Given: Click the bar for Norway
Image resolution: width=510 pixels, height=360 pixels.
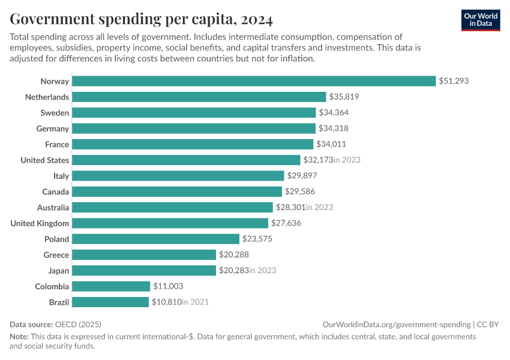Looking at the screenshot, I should (x=254, y=81).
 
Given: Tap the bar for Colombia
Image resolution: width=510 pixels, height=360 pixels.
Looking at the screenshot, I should (x=112, y=286).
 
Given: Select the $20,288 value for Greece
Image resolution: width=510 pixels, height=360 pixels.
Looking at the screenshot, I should (x=234, y=255).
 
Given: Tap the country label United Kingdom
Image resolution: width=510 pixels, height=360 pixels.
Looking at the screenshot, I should (x=40, y=223).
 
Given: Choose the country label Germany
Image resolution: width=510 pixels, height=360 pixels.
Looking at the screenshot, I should (x=53, y=128).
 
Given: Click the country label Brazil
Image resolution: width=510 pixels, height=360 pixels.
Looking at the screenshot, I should (x=59, y=302).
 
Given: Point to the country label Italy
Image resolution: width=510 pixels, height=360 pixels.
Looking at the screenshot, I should (x=61, y=176).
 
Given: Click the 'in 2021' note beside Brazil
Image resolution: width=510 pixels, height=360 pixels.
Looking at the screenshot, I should (x=195, y=302).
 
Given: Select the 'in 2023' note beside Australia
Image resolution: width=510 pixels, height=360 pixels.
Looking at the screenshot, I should (x=319, y=208).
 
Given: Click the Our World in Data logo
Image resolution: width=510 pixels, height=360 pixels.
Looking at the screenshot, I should (x=481, y=20).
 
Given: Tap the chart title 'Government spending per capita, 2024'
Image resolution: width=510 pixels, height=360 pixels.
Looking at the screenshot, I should (x=142, y=20).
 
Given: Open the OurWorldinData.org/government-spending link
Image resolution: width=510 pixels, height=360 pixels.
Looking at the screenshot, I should (x=397, y=324).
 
